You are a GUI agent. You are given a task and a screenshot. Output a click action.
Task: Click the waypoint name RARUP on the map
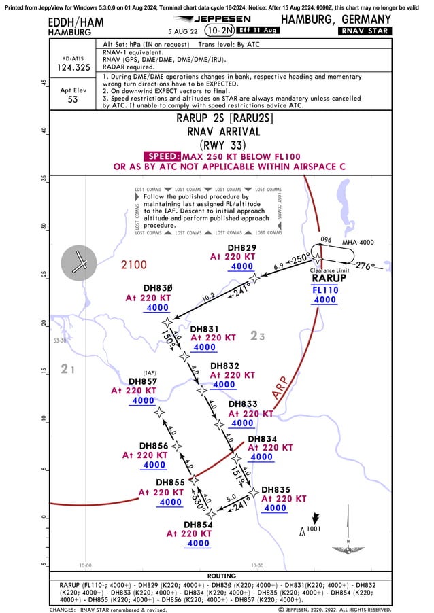point(329,278)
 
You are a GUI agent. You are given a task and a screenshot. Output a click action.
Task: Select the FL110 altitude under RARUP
point(324,289)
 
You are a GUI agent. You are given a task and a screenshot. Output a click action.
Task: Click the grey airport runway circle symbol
point(80,262)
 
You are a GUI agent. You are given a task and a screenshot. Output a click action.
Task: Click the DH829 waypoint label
point(241,247)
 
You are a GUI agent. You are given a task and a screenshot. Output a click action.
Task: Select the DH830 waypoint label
point(158,287)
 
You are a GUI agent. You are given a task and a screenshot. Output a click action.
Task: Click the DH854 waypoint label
point(199,525)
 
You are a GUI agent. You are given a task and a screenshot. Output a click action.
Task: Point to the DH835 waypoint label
point(276,489)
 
